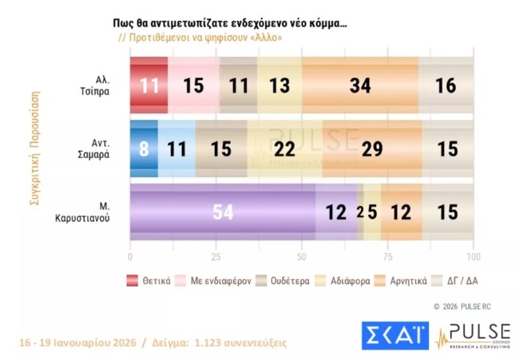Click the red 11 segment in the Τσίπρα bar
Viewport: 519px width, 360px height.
tap(149, 85)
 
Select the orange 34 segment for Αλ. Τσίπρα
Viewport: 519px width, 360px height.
tap(360, 85)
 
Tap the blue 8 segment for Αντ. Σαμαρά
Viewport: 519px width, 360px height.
tap(144, 148)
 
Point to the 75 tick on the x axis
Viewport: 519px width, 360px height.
tap(387, 258)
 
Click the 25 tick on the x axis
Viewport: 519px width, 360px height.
tap(216, 258)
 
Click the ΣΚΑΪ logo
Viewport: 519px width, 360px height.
tap(394, 334)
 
